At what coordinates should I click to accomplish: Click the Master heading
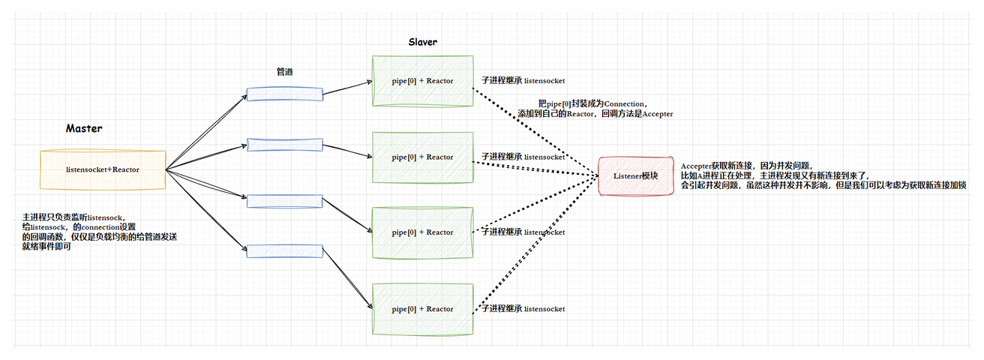pyautogui.click(x=84, y=128)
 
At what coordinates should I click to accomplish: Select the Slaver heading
pyautogui.click(x=422, y=42)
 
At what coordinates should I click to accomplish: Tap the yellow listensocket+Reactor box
pyautogui.click(x=103, y=170)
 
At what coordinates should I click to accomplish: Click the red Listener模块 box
pyautogui.click(x=636, y=176)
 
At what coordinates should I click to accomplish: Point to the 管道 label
pyautogui.click(x=285, y=71)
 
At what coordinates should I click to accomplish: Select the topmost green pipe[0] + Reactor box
pyautogui.click(x=422, y=81)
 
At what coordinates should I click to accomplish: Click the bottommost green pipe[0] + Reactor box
pyautogui.click(x=422, y=309)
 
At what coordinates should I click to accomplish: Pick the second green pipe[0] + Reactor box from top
pyautogui.click(x=422, y=157)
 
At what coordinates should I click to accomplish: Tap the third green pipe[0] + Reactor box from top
pyautogui.click(x=422, y=232)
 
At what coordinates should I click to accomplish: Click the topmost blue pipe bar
pyautogui.click(x=285, y=94)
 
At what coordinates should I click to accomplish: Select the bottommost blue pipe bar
pyautogui.click(x=285, y=251)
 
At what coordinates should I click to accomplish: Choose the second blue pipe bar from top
pyautogui.click(x=285, y=145)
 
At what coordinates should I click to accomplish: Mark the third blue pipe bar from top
pyautogui.click(x=285, y=202)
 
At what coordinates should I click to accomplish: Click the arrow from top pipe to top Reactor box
pyautogui.click(x=347, y=88)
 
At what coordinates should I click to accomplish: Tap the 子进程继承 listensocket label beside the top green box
pyautogui.click(x=523, y=81)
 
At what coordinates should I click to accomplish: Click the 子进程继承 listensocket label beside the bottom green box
pyautogui.click(x=523, y=309)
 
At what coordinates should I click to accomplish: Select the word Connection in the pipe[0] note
pyautogui.click(x=624, y=104)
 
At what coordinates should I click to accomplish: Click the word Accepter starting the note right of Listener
pyautogui.click(x=696, y=166)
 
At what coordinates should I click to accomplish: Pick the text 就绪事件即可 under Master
pyautogui.click(x=46, y=246)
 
